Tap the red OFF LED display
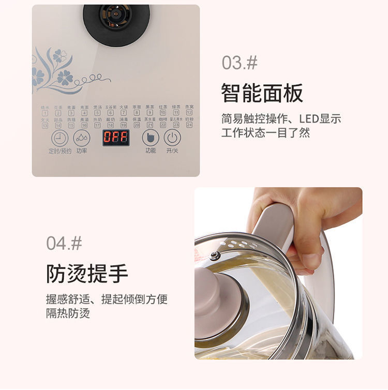coord(115,137)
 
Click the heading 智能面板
coord(262,94)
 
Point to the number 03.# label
coord(240,63)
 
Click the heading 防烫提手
coord(87,274)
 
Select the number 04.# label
coord(64,243)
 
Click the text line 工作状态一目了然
coord(265,132)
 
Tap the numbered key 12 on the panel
coord(189,112)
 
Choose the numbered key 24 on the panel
coord(189,125)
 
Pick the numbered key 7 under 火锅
coord(124,112)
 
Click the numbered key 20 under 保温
coord(137,125)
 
